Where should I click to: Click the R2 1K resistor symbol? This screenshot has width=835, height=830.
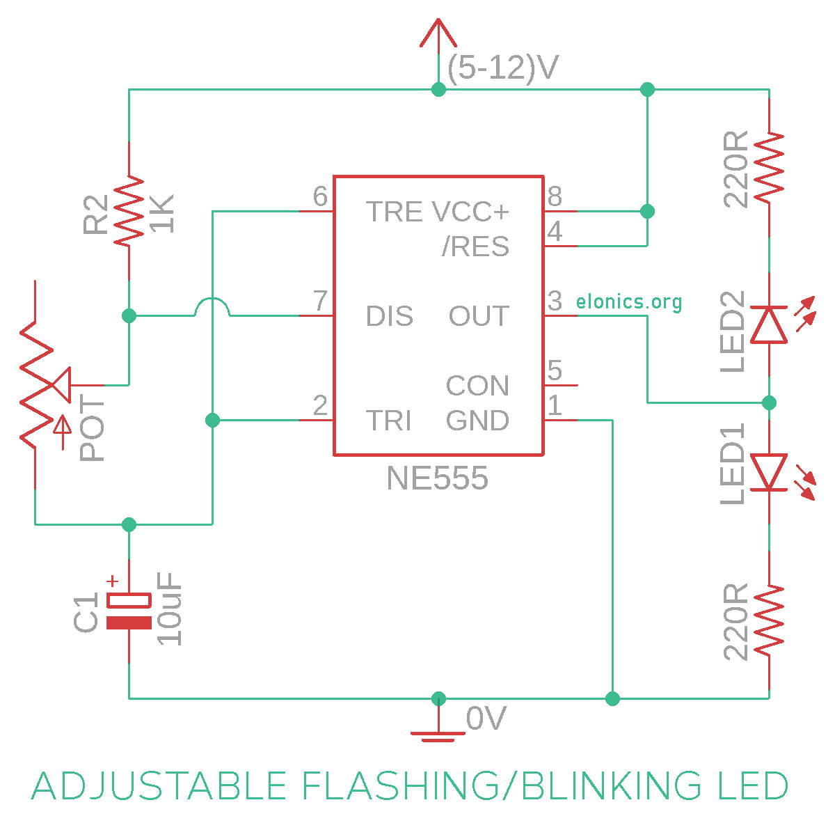[129, 211]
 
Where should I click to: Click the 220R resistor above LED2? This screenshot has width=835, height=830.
[768, 167]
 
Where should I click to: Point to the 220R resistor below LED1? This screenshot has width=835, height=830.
[768, 620]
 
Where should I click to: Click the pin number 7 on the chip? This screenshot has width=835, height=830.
[320, 300]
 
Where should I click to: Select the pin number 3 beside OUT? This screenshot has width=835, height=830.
[554, 300]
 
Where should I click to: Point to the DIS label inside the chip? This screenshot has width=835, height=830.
[389, 315]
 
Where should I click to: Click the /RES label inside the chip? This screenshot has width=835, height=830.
[475, 246]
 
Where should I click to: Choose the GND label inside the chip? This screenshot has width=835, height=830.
[477, 420]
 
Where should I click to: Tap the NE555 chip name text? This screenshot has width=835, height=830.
[437, 478]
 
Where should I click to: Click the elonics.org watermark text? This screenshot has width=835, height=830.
[628, 302]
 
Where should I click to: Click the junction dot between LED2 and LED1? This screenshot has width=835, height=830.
[768, 402]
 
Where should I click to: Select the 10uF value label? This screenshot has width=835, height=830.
[169, 608]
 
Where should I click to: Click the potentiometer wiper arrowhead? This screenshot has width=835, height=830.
[61, 384]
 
